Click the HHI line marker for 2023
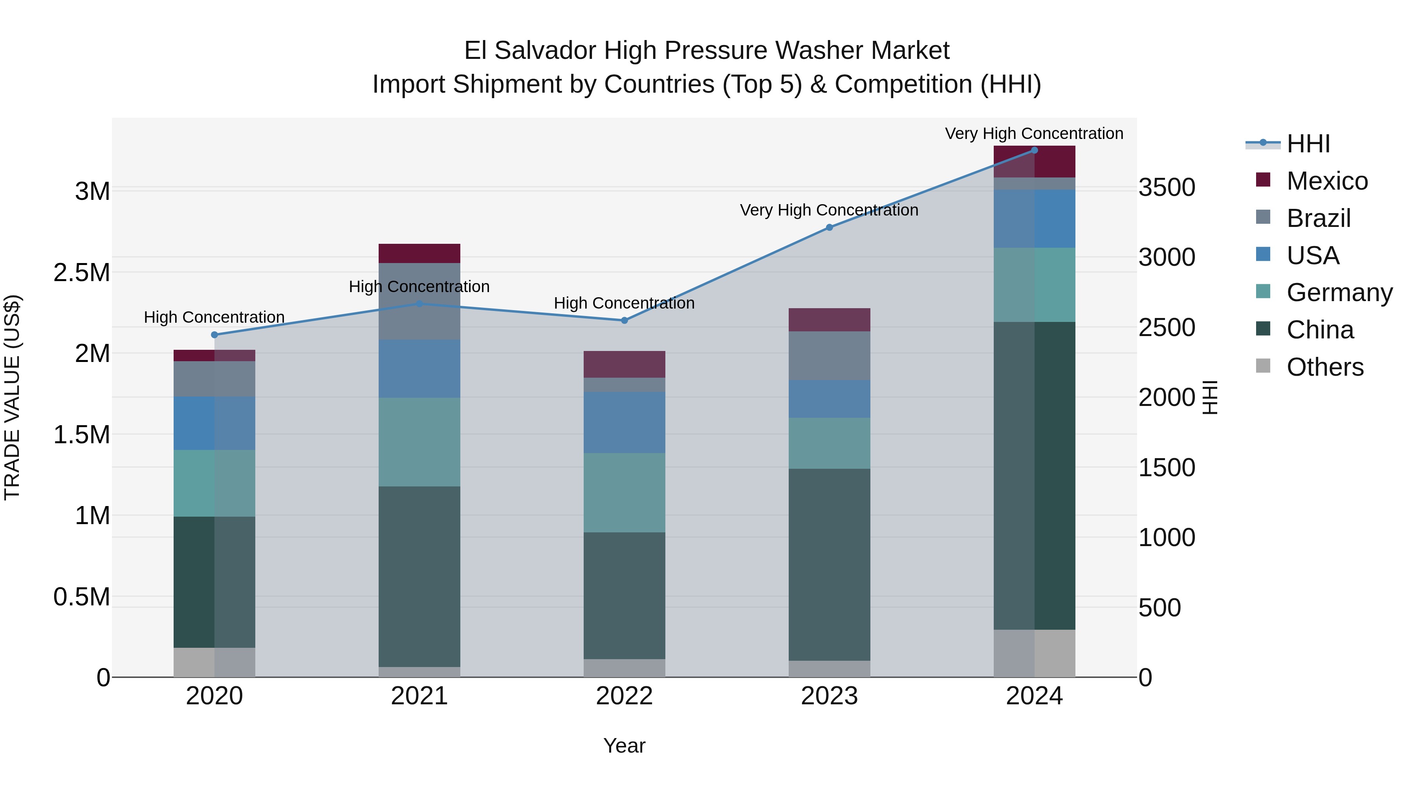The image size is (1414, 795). tap(830, 227)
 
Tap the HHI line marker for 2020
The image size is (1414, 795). tap(214, 334)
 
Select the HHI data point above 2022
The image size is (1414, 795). tap(624, 320)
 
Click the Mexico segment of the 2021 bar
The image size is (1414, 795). tap(419, 254)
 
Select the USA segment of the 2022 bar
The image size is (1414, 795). tap(624, 422)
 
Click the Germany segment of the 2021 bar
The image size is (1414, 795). tap(419, 442)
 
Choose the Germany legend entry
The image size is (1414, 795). tap(1339, 292)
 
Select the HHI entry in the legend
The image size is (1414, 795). tap(1308, 144)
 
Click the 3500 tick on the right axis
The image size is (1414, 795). tap(1167, 187)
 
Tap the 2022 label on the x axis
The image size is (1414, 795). tap(624, 696)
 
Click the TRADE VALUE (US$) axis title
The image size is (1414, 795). tap(12, 397)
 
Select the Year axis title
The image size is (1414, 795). tap(624, 746)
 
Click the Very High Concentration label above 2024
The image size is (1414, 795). tap(1034, 133)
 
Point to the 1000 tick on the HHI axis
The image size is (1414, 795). tap(1167, 538)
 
